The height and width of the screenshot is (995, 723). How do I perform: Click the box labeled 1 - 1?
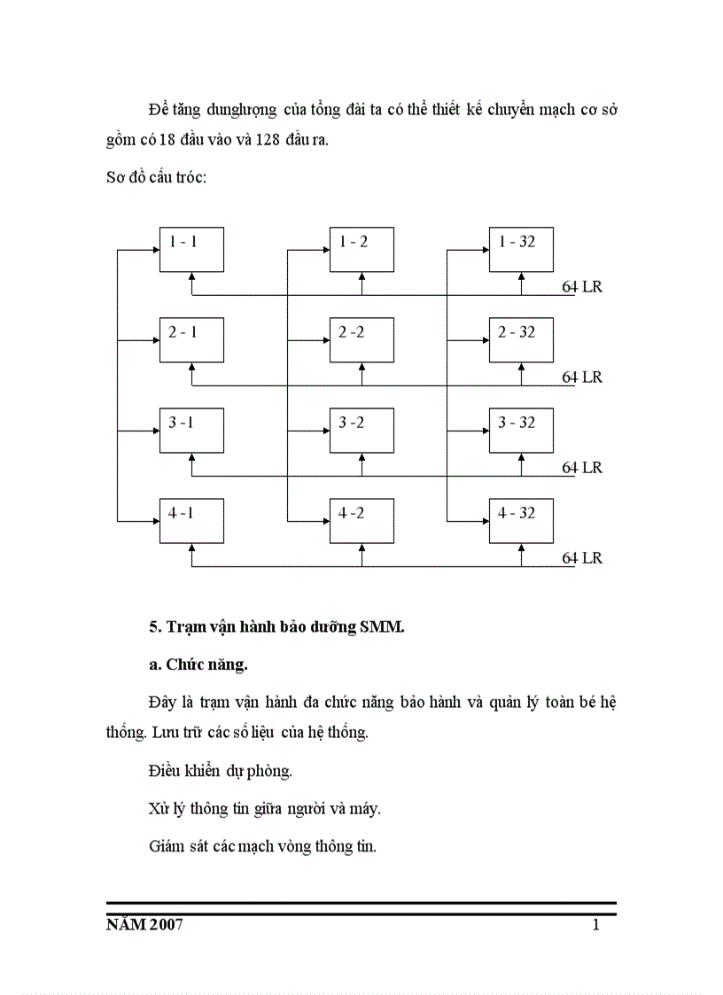point(191,250)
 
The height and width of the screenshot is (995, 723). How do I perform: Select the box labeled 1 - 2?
point(361,250)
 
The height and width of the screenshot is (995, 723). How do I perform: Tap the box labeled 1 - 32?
point(521,250)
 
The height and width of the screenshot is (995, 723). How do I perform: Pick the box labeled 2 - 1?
point(191,340)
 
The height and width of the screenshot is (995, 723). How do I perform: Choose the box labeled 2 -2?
point(361,340)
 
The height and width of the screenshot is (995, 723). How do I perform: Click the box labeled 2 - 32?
point(521,340)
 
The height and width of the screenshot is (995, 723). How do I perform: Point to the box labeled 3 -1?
point(191,431)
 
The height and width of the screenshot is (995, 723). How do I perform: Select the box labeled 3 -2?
point(361,431)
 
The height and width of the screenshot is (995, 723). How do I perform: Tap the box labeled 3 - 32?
point(521,431)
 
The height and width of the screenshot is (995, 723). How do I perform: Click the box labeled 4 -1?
point(191,521)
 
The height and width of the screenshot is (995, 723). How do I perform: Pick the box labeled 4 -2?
point(361,521)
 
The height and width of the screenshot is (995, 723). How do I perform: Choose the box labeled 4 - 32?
point(521,521)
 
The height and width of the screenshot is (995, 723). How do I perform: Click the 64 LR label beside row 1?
point(582,287)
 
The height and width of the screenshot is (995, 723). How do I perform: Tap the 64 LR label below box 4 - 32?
point(582,558)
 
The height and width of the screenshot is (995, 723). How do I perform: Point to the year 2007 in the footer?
point(166,926)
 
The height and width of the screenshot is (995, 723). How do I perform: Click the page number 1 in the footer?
point(596,926)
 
